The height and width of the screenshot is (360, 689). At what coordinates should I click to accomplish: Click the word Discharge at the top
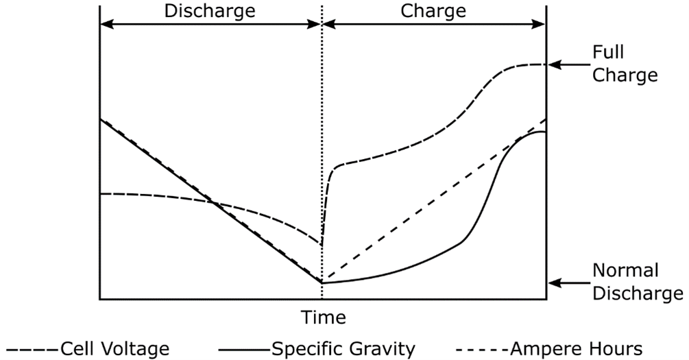coord(210,12)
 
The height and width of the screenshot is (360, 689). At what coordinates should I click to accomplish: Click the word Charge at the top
coord(433,12)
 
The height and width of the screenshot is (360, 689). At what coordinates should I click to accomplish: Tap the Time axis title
coord(323,317)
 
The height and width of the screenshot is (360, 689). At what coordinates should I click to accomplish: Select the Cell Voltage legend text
coord(114,349)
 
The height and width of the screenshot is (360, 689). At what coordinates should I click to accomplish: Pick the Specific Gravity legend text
coord(343,349)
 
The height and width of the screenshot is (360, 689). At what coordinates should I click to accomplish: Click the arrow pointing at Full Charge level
coord(566,64)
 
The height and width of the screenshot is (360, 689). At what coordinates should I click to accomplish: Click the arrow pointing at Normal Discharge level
coord(566,282)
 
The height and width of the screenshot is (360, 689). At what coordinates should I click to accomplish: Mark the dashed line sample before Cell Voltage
coord(31,349)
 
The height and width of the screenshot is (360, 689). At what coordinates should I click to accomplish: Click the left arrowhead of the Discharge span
coord(106,23)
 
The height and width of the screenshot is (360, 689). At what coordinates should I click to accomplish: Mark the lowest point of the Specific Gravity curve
coord(322,283)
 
